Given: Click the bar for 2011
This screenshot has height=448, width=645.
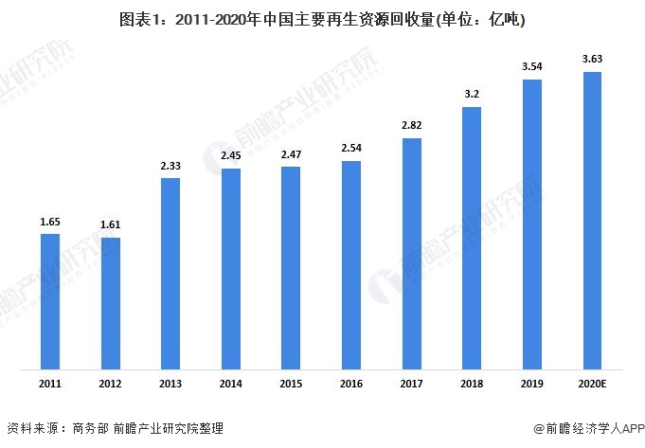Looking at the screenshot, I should point(50,301).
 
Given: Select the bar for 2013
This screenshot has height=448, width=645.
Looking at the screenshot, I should point(170,274).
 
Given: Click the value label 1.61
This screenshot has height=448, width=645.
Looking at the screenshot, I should point(110,224).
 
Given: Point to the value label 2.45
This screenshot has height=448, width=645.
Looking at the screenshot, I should point(231,155).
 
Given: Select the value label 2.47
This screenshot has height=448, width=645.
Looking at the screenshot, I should point(291,153).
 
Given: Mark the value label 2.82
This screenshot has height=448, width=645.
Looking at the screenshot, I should point(411,125).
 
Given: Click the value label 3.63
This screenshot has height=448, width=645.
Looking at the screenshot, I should point(592,60).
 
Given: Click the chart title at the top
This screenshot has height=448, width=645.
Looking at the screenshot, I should point(323,18).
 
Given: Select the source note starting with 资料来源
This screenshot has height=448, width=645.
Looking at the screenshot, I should point(115,429).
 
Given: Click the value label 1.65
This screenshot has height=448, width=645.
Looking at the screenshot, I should point(50,221).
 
